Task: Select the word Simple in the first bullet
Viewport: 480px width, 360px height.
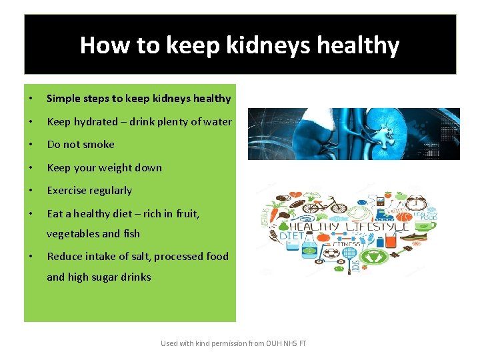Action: pos(64,99)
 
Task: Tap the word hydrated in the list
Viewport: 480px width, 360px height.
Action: pos(95,122)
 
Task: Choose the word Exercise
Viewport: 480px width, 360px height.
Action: pos(67,191)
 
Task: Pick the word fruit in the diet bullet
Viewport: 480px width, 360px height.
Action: pos(187,214)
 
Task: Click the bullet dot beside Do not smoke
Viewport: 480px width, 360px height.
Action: pos(31,145)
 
